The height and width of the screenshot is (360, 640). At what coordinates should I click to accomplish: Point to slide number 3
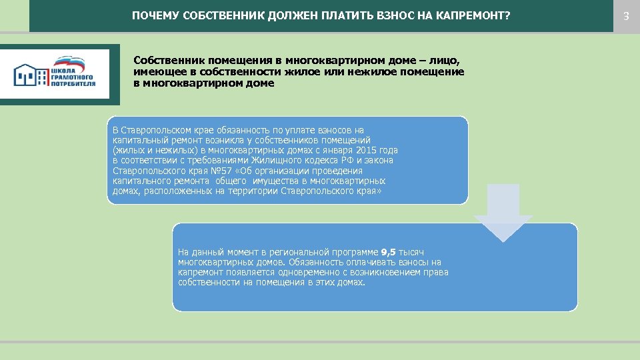[626, 15]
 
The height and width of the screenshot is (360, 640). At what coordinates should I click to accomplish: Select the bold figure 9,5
[388, 252]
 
